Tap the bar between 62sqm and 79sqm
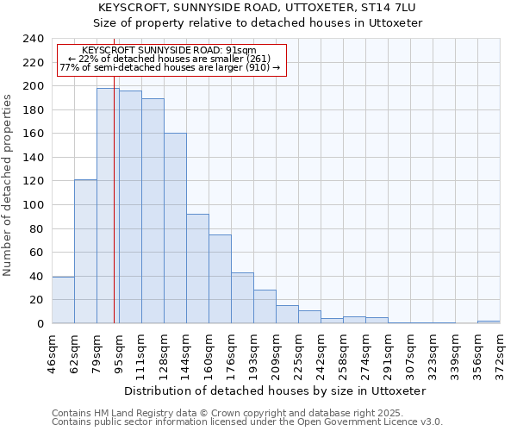(85, 251)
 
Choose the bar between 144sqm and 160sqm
(197, 268)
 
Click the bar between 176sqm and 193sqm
(242, 297)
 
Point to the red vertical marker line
(114, 215)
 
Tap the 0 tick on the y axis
(40, 324)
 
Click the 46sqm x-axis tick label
(53, 349)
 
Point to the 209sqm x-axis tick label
(276, 349)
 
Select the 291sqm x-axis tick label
(388, 349)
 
